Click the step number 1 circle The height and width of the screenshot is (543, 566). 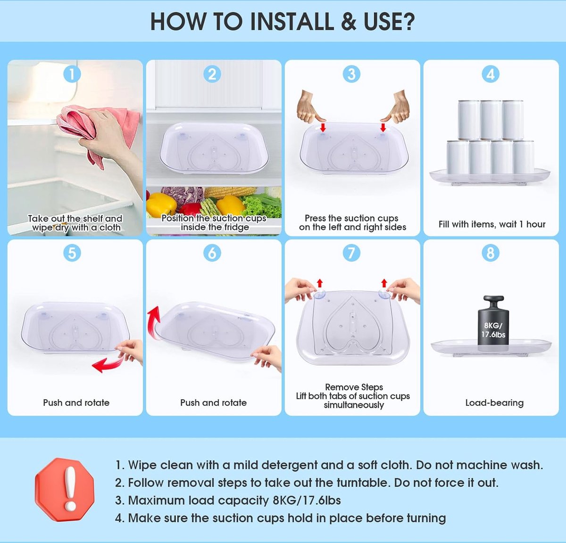tap(72, 74)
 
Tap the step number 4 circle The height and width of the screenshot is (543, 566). tap(491, 74)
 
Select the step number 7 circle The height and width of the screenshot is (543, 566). tap(351, 253)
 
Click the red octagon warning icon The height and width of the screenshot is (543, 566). tap(65, 490)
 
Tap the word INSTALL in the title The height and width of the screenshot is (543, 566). tap(292, 22)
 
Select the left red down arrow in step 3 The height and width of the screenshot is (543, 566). tap(323, 127)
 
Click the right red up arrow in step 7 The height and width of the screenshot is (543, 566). tap(384, 283)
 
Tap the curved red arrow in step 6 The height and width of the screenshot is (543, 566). tap(153, 323)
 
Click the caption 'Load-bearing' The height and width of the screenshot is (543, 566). tap(494, 403)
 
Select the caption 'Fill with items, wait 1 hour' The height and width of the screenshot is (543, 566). tap(492, 224)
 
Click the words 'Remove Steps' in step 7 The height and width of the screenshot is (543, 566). tap(354, 387)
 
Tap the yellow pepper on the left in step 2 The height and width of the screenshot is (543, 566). tap(161, 205)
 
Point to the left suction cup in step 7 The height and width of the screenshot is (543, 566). tap(319, 294)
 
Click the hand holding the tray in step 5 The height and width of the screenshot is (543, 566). tap(130, 351)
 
